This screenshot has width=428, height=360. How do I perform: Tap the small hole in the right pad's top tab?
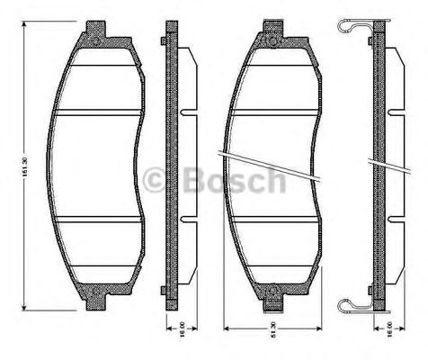pos(272,37)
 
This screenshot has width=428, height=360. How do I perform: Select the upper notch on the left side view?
pos(185,113)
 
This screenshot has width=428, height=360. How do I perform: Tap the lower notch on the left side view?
pos(185,218)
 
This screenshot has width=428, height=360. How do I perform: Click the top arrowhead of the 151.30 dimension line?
pos(31,29)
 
